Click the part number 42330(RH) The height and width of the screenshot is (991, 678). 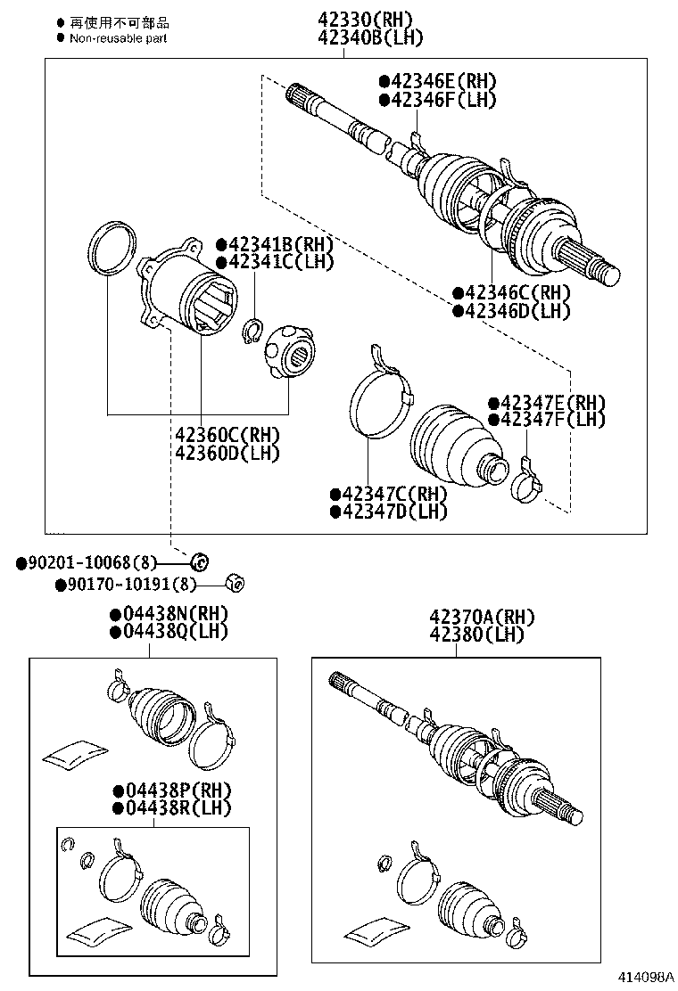[x=367, y=20]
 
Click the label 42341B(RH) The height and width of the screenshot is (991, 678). [x=274, y=244]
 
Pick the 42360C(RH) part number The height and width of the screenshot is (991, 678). [x=227, y=435]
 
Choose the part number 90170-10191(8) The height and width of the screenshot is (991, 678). [x=126, y=585]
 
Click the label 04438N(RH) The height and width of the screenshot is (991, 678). [x=169, y=613]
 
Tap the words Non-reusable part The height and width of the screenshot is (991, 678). [x=118, y=37]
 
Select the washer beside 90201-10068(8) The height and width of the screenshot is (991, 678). [x=201, y=561]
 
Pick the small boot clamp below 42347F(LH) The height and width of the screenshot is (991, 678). [x=527, y=482]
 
